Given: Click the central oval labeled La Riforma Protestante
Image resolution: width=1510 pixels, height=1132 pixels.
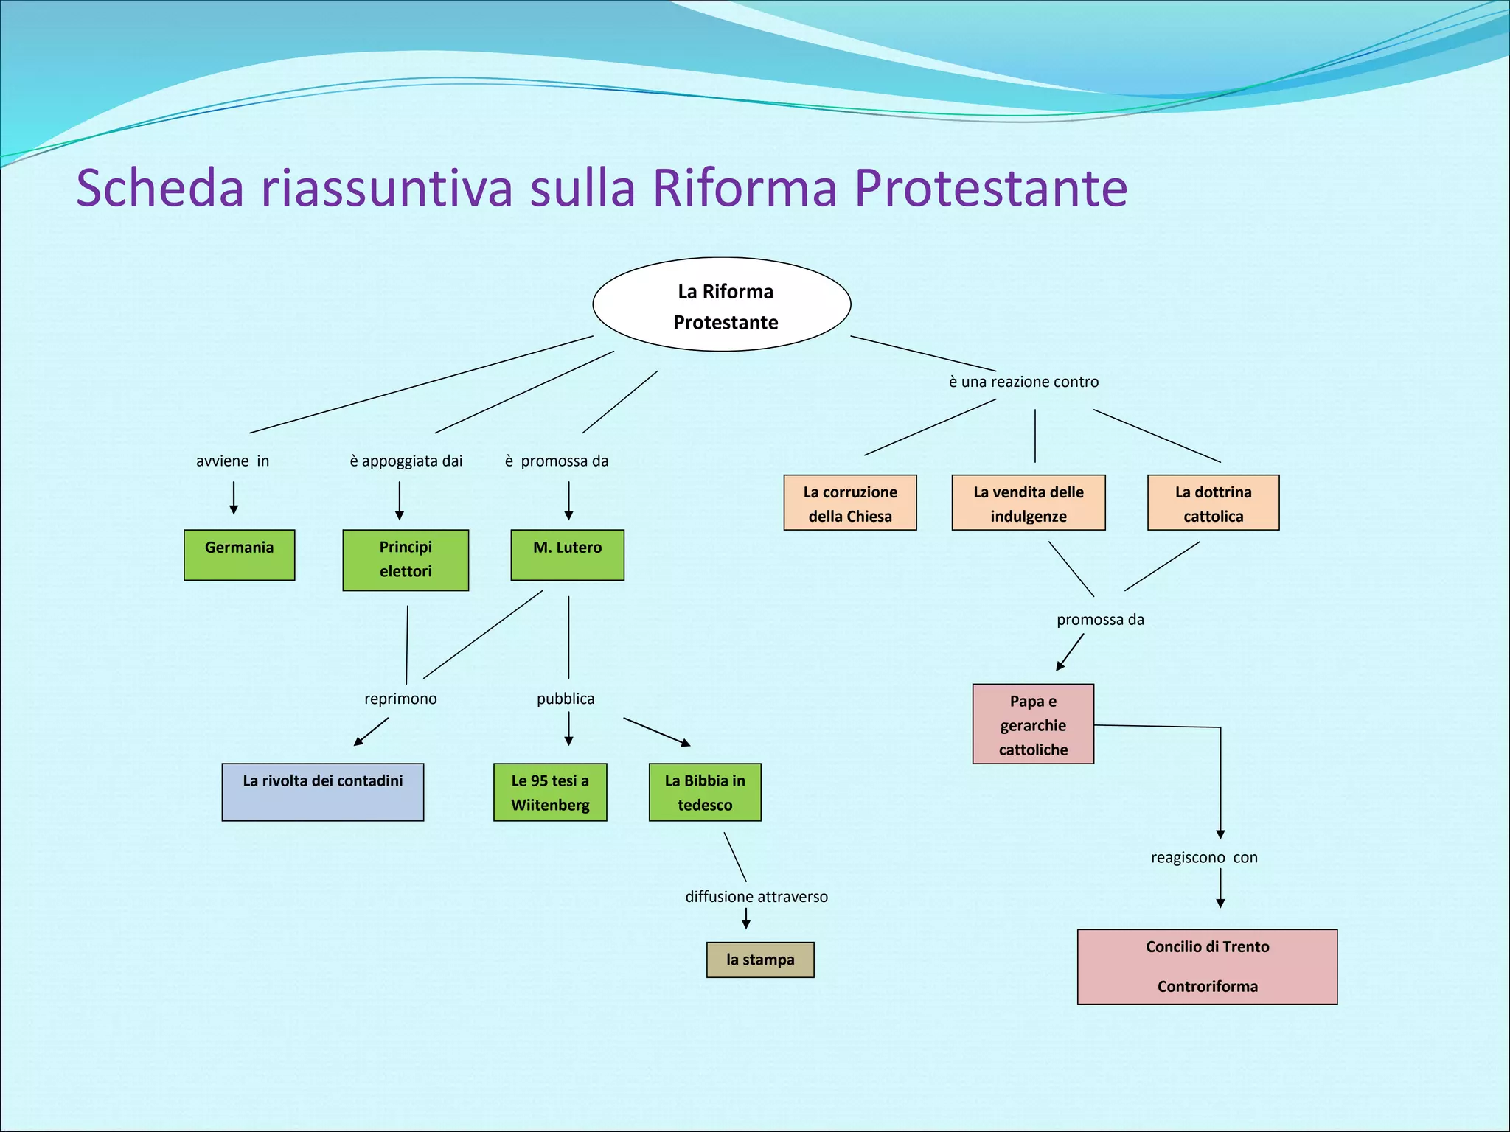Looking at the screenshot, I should [722, 304].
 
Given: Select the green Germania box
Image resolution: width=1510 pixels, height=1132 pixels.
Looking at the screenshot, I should [240, 555].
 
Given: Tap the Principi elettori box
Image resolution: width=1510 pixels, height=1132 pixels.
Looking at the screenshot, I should [406, 560].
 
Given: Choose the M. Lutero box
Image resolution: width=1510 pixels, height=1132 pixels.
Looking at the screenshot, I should [567, 555].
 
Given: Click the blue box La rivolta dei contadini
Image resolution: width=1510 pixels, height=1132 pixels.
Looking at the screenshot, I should [323, 792].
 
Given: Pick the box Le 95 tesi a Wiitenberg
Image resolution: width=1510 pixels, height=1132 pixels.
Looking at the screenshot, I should [550, 792].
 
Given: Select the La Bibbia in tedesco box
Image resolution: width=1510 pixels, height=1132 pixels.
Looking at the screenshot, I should [705, 792].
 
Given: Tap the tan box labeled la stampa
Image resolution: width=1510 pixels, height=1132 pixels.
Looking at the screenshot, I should [760, 960].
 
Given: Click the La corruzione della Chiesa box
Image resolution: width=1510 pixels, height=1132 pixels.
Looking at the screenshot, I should [850, 503].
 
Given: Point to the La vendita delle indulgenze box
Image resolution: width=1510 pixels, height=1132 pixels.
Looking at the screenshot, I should [1029, 503].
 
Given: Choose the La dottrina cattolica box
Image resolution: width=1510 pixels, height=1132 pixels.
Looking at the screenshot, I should [1213, 503].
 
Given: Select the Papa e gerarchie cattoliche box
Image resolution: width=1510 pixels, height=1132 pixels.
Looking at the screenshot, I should [1033, 724].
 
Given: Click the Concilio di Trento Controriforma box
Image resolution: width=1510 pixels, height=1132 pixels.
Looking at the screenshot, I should [1207, 966].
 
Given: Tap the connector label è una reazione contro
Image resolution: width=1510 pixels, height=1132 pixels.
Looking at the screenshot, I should [1023, 382].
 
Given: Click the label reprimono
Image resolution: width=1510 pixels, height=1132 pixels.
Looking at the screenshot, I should [400, 699].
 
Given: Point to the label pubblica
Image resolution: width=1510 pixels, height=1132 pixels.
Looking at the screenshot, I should [566, 699].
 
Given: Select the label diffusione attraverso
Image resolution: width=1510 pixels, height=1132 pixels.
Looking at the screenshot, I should [756, 897].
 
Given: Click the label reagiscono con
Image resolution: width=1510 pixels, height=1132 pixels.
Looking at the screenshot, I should [1204, 858].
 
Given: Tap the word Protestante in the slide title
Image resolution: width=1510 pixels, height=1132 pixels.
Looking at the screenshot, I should [990, 188].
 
